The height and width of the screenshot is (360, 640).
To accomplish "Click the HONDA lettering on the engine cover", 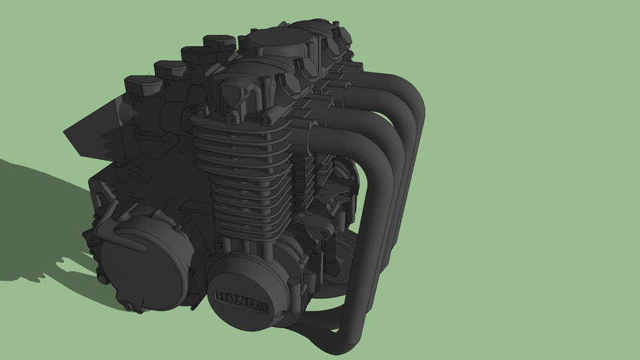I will click(x=241, y=302).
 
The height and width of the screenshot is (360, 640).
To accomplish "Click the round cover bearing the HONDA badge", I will click(x=246, y=288).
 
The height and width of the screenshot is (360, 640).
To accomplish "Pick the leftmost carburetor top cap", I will click(x=143, y=84).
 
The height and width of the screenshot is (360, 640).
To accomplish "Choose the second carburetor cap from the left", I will click(x=171, y=69).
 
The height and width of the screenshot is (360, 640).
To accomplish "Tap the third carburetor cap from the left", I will click(x=196, y=53).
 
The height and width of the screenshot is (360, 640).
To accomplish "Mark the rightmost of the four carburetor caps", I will click(x=219, y=42).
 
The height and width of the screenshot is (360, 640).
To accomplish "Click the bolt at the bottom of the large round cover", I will click(x=127, y=306).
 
